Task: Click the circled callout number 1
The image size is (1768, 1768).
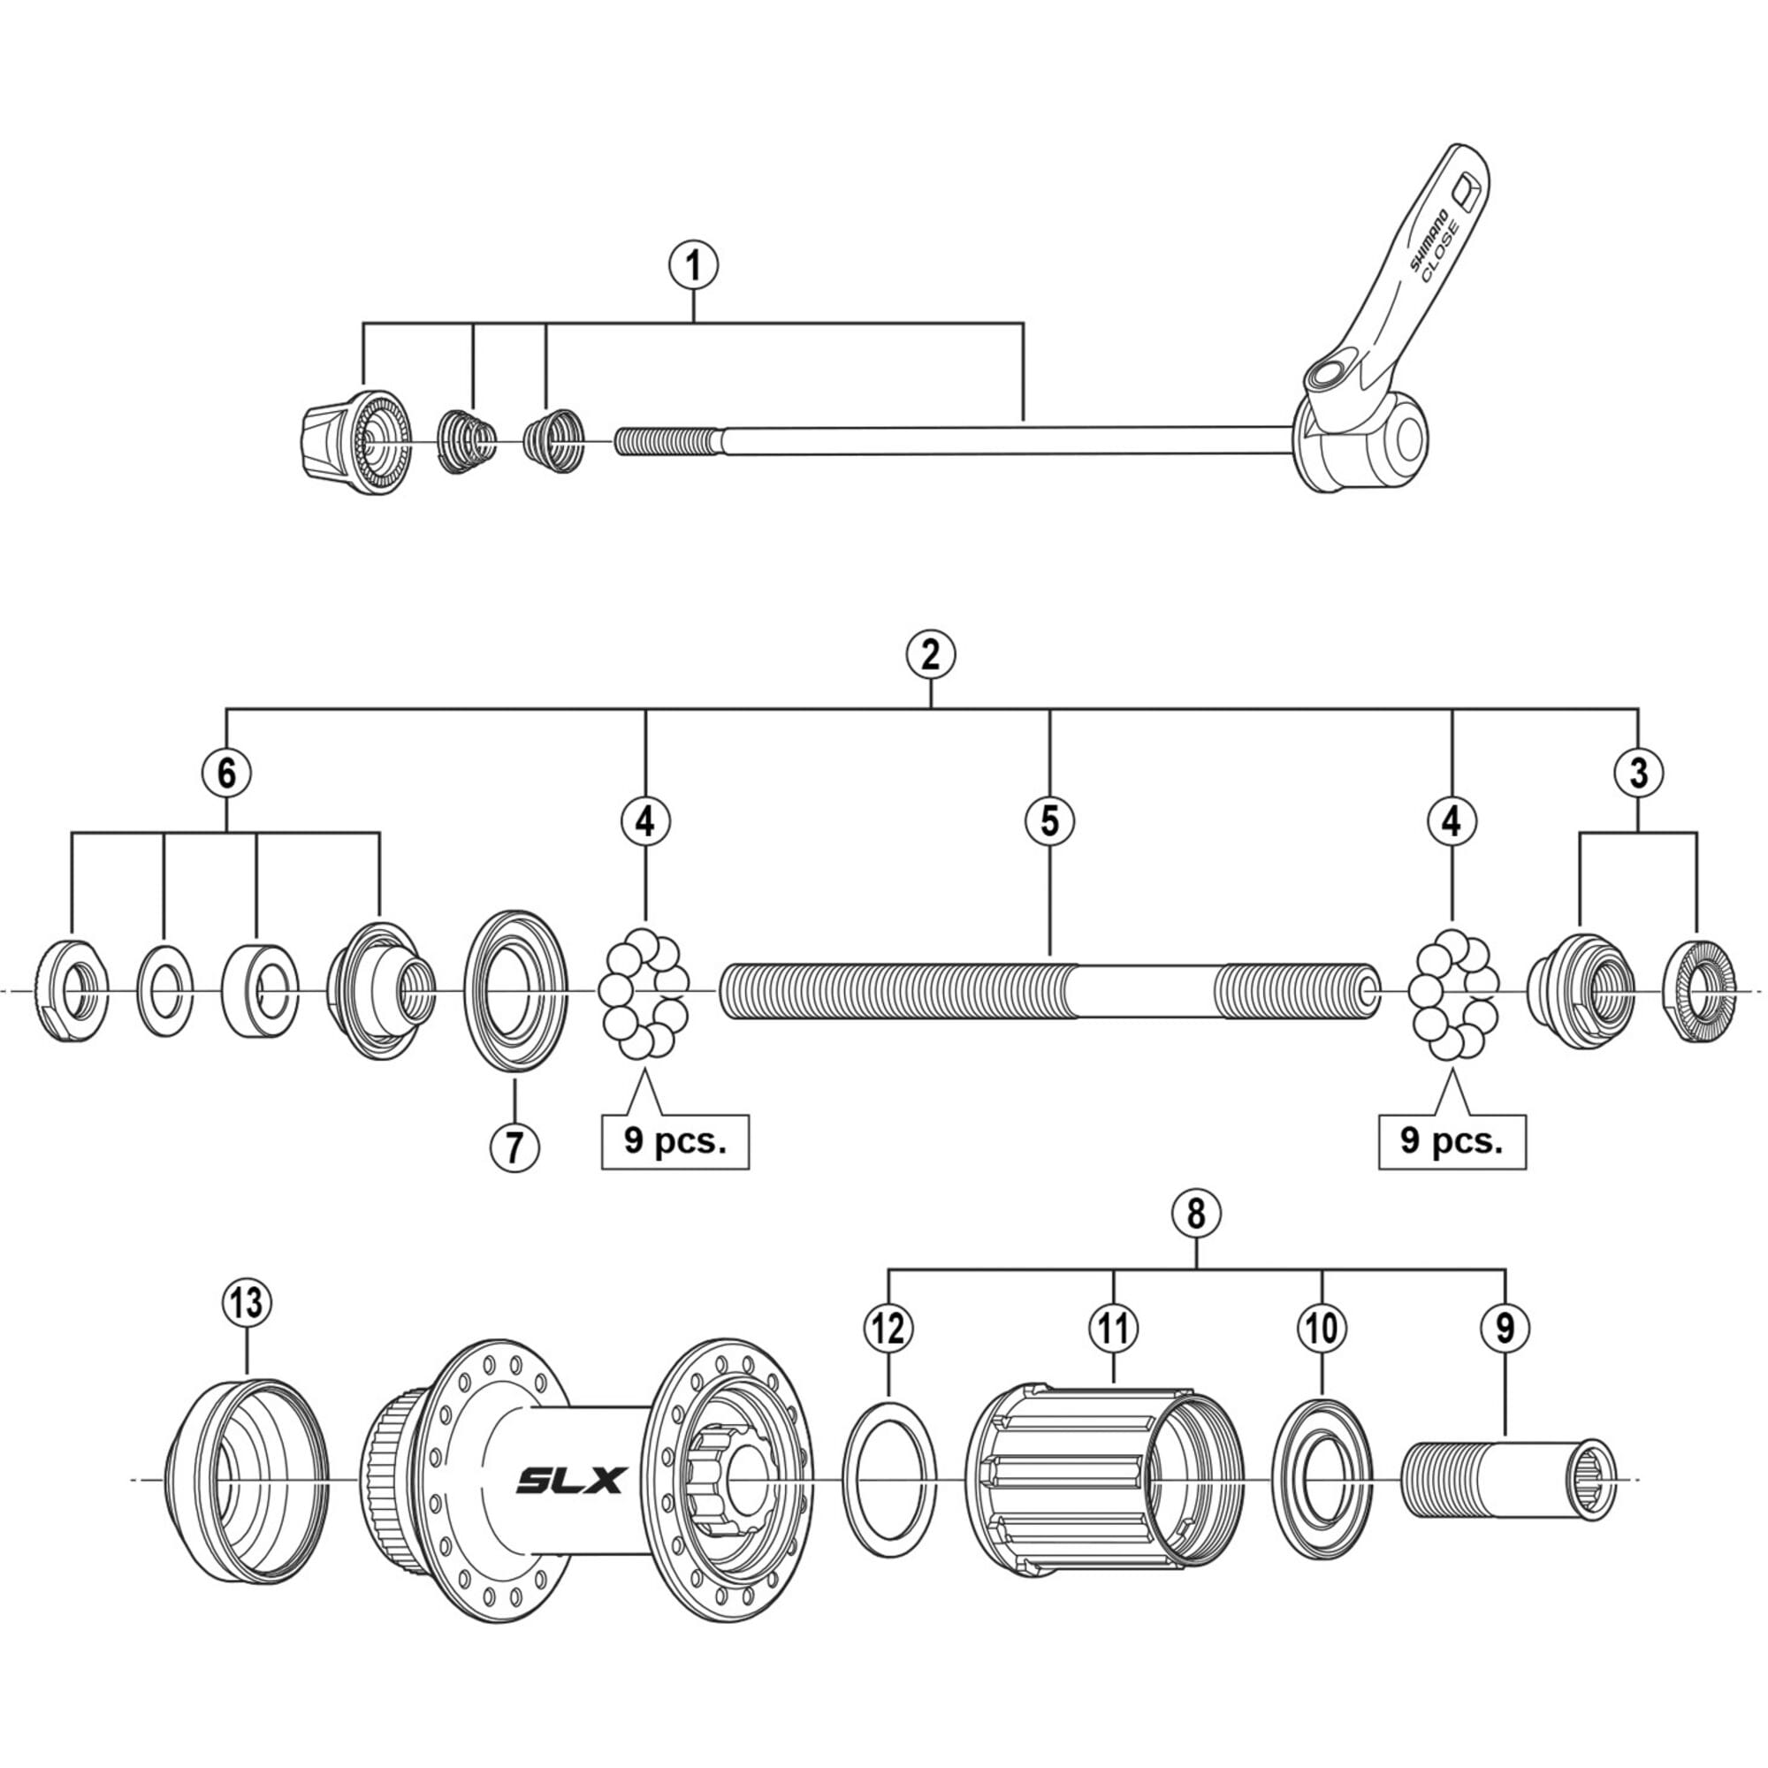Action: point(693,266)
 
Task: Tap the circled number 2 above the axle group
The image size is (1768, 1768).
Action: point(931,655)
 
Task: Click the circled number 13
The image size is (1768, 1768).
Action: point(248,1302)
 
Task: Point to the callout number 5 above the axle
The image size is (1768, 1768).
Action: point(1048,821)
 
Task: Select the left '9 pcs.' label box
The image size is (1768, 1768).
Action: point(674,1141)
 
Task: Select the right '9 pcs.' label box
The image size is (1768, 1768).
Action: point(1452,1141)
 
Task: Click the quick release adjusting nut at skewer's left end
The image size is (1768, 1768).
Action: point(352,442)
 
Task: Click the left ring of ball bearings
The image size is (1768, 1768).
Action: point(644,992)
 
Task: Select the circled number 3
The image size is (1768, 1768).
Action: point(1638,774)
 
